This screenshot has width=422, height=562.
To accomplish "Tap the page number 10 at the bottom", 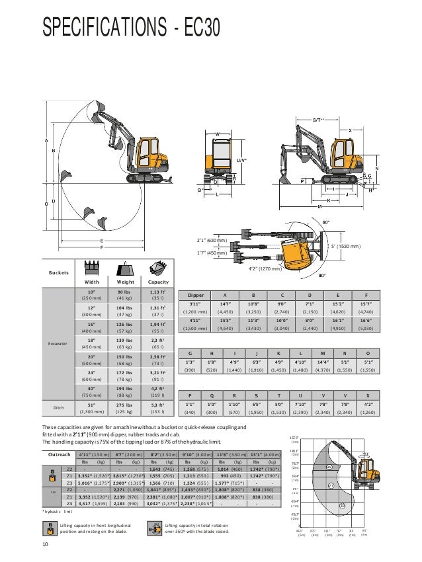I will click(x=45, y=544).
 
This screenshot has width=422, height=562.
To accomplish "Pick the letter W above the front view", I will click(x=216, y=133).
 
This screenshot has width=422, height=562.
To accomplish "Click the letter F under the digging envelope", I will click(x=101, y=247).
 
